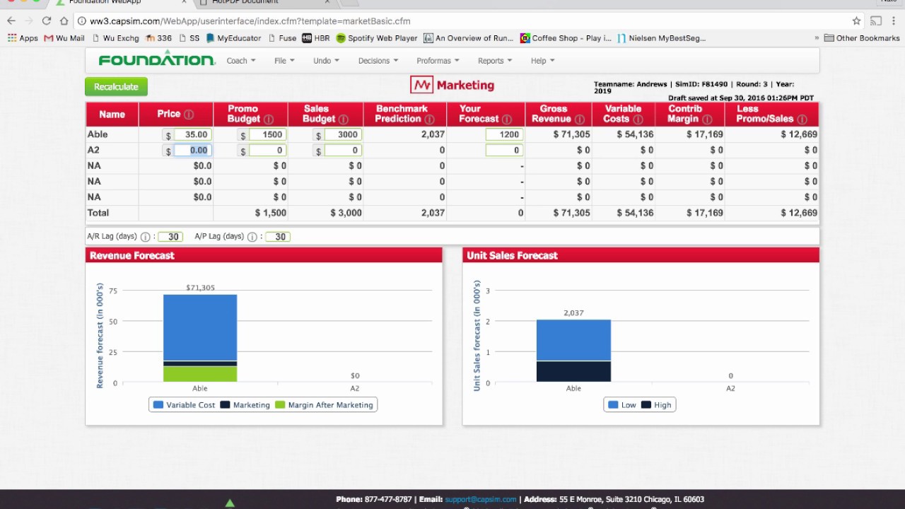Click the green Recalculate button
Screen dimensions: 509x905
pos(116,86)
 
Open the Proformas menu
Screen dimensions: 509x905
pos(437,61)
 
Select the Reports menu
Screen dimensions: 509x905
pos(494,61)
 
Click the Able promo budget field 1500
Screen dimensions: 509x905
pos(267,134)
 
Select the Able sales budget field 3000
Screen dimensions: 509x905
pos(343,134)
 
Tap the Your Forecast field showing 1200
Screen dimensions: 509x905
pos(504,134)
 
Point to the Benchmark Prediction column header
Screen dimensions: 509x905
pos(402,113)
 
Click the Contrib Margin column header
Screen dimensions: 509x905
pos(685,113)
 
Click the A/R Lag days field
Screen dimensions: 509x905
pos(170,237)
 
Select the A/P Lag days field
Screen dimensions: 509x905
pos(278,237)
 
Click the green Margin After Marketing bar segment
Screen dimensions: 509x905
pos(200,374)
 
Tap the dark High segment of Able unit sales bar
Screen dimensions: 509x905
pos(573,371)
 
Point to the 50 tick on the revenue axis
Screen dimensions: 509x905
pos(114,321)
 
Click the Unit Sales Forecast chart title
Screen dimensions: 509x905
pos(512,255)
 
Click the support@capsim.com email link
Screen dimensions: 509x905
pos(480,499)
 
